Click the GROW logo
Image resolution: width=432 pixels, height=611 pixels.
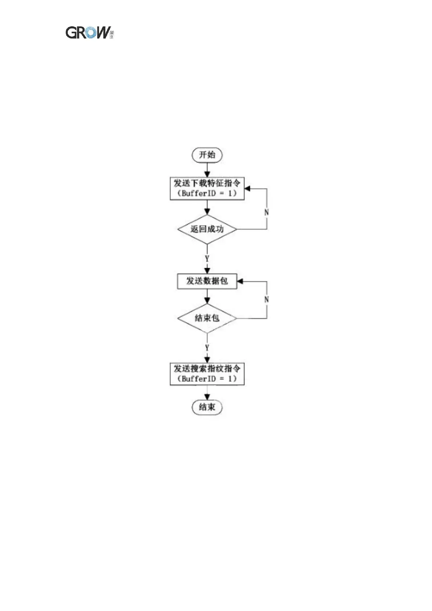point(89,33)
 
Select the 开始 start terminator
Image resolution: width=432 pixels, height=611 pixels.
point(207,155)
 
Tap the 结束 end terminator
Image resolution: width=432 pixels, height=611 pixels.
point(207,407)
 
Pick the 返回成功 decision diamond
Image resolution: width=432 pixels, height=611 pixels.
point(207,229)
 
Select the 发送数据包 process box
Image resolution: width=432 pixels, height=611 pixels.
point(207,281)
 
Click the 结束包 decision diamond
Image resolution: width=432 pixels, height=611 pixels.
point(207,318)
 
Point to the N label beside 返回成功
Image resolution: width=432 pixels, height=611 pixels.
point(267,212)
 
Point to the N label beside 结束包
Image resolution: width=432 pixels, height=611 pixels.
point(267,300)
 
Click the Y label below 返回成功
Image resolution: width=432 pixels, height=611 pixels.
point(207,259)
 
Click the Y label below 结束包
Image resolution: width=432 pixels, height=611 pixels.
point(207,348)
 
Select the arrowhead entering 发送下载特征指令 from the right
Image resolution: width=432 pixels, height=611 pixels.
point(247,189)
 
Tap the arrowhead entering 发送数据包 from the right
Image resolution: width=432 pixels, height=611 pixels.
point(240,281)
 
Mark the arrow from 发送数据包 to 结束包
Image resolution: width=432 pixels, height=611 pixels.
point(207,296)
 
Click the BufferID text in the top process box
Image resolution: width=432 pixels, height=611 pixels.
point(198,193)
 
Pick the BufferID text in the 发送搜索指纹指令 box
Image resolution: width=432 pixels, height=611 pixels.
point(198,379)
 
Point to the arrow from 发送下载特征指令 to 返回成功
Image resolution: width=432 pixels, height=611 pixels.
point(207,207)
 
